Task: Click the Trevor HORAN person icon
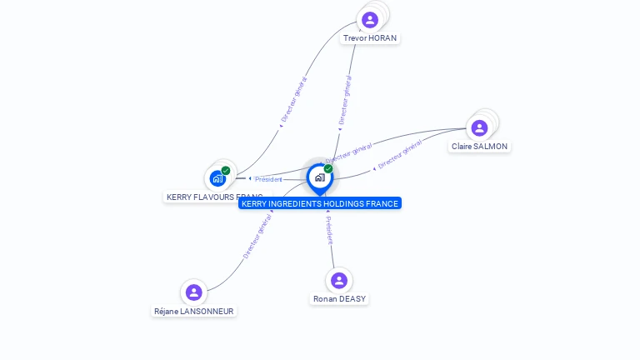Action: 370,20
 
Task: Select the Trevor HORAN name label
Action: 370,38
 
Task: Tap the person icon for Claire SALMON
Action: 479,128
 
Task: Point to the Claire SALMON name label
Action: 479,147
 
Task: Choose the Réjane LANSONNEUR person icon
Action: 194,292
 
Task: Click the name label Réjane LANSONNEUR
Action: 194,311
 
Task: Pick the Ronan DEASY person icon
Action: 338,281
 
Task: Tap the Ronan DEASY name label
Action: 339,298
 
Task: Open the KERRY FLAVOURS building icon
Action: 217,178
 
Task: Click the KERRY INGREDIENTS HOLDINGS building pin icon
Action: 319,177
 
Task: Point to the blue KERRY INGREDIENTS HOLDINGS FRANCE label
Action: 320,203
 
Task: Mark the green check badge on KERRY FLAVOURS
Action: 226,171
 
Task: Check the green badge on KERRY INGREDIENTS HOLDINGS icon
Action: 328,169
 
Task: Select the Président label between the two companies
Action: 268,179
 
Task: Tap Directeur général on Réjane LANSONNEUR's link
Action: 257,237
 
